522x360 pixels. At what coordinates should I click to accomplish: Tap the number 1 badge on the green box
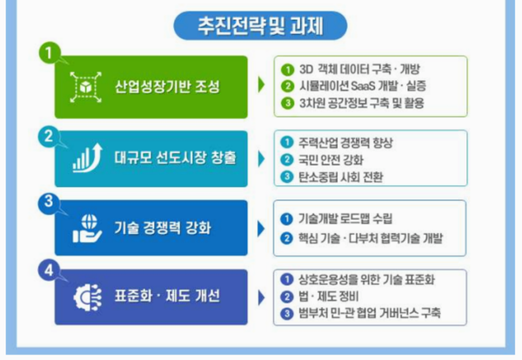[x=50, y=53]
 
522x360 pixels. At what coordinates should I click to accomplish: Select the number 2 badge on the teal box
[x=50, y=135]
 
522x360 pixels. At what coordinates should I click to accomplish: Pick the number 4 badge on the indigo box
[x=50, y=270]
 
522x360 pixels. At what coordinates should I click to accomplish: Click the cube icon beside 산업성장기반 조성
[x=85, y=87]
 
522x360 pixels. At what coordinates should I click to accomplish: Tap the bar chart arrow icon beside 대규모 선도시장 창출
[x=85, y=158]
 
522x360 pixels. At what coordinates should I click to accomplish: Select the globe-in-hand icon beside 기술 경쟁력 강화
[x=85, y=229]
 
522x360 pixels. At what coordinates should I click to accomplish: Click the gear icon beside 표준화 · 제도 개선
[x=85, y=295]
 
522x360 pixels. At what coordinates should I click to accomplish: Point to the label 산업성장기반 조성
[x=168, y=87]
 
